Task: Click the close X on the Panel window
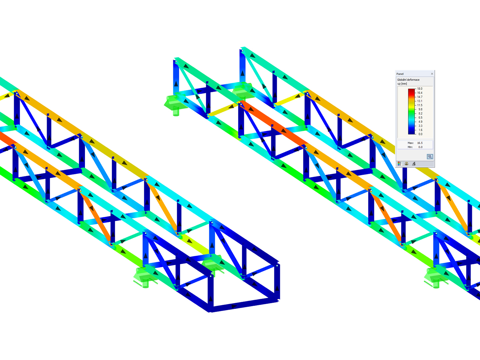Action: [432, 74]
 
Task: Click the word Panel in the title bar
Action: [400, 74]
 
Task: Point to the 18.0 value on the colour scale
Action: [420, 89]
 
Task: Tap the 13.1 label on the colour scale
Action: [420, 101]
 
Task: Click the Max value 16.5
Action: [420, 143]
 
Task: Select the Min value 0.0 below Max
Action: [420, 147]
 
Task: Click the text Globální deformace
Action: [408, 80]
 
